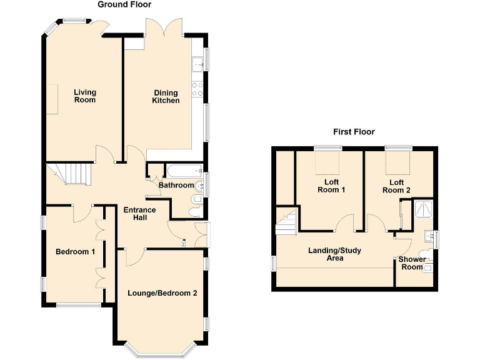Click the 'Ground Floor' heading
124,4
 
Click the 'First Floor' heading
353,132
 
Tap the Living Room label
85,96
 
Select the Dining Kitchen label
166,97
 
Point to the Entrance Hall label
139,214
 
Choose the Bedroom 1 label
75,252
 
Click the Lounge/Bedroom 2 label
162,292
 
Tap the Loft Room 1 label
331,186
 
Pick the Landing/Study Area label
334,254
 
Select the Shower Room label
412,263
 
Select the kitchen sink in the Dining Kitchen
198,63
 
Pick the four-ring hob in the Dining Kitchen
198,89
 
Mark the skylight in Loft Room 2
397,163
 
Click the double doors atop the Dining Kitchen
164,28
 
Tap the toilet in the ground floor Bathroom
196,199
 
